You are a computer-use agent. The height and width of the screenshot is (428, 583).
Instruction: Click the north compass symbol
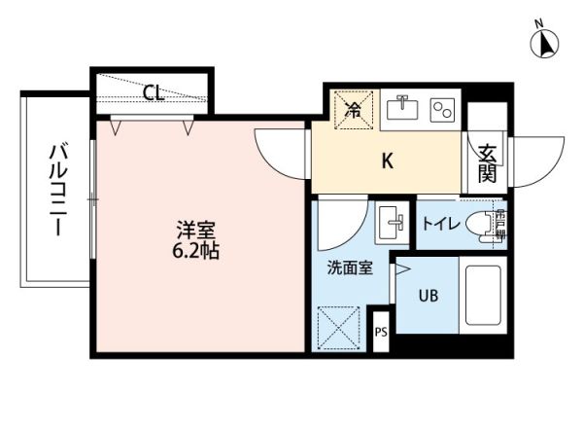pyautogui.click(x=546, y=43)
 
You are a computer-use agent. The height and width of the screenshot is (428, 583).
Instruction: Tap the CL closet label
pyautogui.click(x=153, y=93)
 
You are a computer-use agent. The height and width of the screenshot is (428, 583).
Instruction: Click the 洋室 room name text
pyautogui.click(x=195, y=231)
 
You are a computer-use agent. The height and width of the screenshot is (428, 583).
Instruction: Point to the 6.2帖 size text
pyautogui.click(x=195, y=250)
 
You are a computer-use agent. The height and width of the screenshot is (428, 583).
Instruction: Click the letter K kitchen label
pyautogui.click(x=386, y=161)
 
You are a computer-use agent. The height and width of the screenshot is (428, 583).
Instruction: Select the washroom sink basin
pyautogui.click(x=394, y=223)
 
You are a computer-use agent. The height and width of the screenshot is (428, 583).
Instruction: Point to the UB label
pyautogui.click(x=428, y=296)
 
